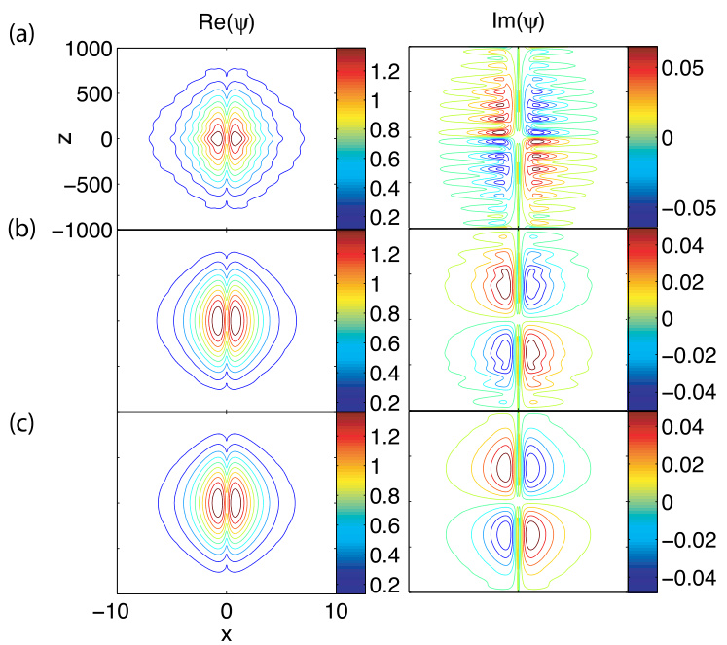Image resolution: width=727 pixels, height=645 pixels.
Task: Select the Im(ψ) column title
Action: (520, 17)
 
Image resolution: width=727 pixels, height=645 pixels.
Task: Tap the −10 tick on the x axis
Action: (117, 611)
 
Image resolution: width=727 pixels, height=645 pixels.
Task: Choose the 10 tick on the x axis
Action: (336, 611)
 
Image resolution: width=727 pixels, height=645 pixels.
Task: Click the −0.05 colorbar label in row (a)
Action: (688, 207)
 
